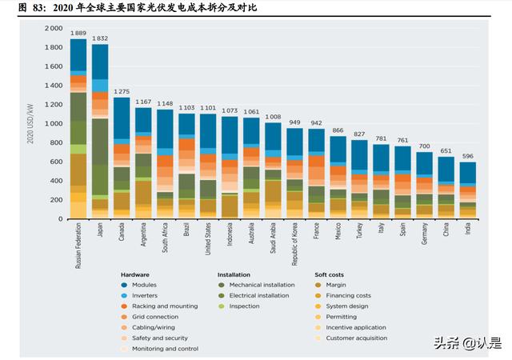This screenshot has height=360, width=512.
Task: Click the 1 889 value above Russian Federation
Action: point(78,34)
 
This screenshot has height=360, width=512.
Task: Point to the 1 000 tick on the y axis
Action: point(53,124)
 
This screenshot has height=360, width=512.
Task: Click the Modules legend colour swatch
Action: point(125,285)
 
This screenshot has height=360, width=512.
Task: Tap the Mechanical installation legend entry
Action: point(261,285)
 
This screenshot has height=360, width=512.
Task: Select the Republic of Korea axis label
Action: point(294,243)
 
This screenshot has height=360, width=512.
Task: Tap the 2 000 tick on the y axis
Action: point(53,28)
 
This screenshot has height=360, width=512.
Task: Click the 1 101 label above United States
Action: point(208,108)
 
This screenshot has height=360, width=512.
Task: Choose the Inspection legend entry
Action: point(244,306)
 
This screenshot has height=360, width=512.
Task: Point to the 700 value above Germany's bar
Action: point(424,146)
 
